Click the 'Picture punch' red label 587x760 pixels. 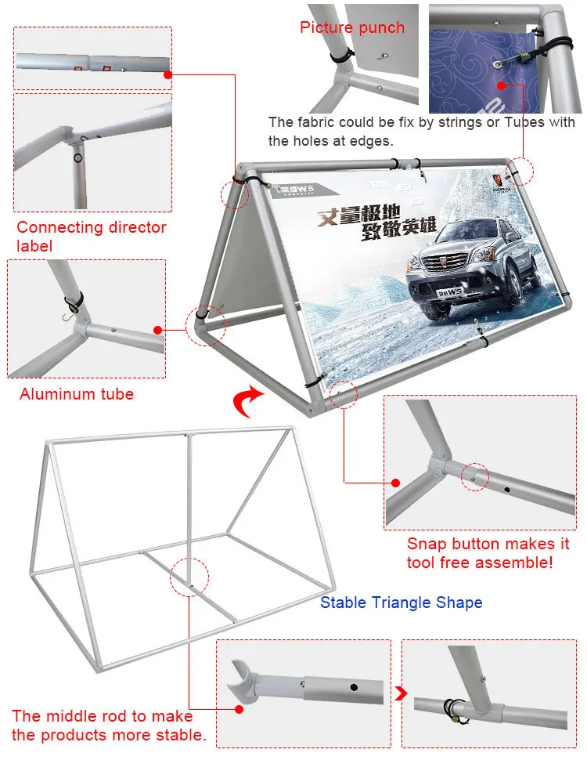352,27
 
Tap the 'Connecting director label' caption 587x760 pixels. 91,237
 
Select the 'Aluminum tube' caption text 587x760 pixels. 77,393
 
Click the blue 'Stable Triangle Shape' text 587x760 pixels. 401,603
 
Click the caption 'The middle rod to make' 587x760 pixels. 102,716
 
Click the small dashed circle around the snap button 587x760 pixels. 474,475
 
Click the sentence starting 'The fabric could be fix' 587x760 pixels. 421,131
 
